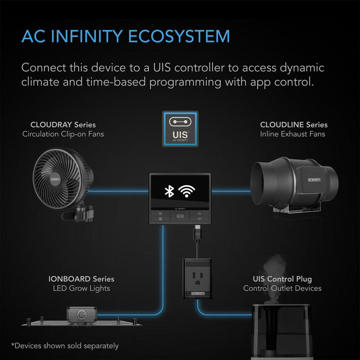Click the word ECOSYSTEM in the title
click(x=178, y=37)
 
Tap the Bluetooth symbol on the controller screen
click(x=169, y=191)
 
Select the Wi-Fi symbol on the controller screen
click(x=187, y=191)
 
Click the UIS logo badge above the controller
click(x=180, y=129)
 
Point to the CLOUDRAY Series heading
click(x=63, y=124)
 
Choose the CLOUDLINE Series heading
click(x=294, y=124)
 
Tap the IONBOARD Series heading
click(x=81, y=279)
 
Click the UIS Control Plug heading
click(x=282, y=279)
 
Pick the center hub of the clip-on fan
click(x=55, y=178)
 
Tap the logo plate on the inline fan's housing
click(x=314, y=179)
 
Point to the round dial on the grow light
click(x=81, y=315)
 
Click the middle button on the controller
click(x=180, y=217)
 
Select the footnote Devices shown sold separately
click(x=65, y=346)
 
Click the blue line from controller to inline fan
click(x=231, y=191)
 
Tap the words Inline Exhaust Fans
click(x=293, y=134)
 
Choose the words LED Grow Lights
click(x=81, y=289)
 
